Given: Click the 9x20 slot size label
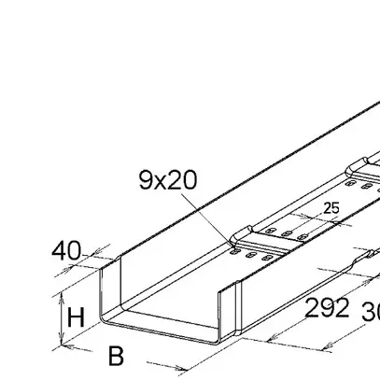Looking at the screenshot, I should (168, 179).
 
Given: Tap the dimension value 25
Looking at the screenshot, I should (331, 208).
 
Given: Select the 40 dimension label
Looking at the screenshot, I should (67, 250).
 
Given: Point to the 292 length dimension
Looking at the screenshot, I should (327, 307).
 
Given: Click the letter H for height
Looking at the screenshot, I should (77, 317).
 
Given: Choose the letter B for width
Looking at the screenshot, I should (116, 356).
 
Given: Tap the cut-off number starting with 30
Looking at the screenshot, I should (370, 313).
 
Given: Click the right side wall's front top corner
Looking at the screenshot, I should (223, 290).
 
